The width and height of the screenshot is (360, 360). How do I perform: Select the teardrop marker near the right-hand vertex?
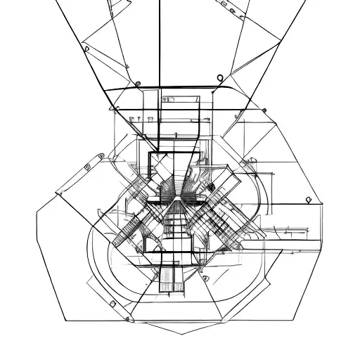307,200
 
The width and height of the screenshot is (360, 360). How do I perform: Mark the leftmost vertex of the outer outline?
35,209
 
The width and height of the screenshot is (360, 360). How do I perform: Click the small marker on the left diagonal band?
86,167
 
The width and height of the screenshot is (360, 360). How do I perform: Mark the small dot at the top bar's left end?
138,84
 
